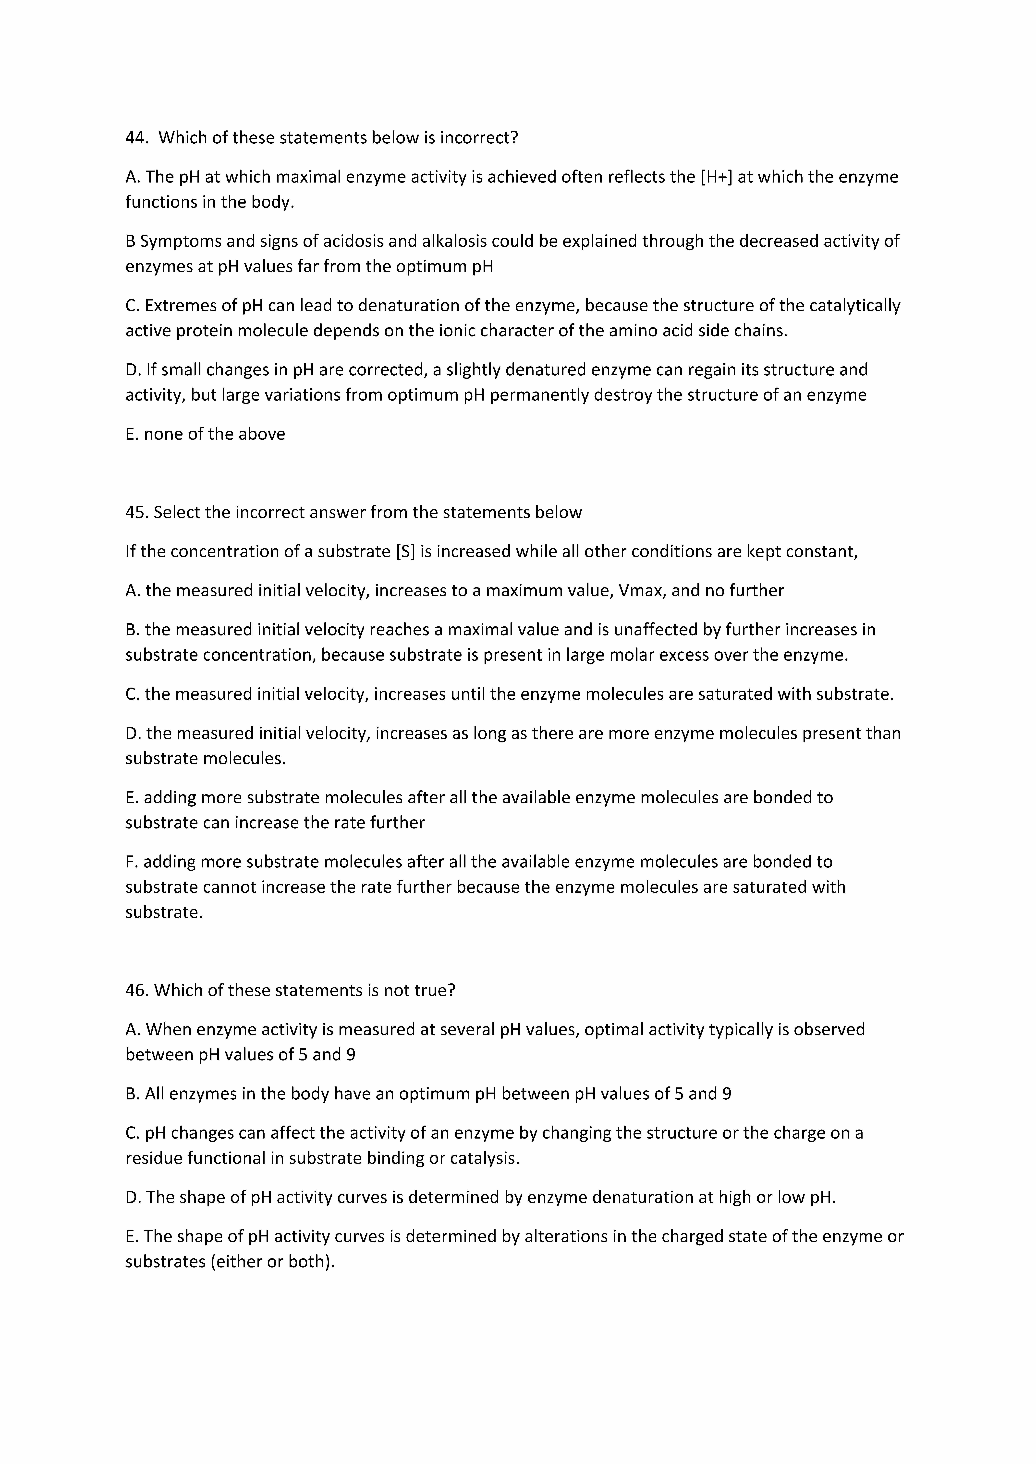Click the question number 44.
pos(136,138)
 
